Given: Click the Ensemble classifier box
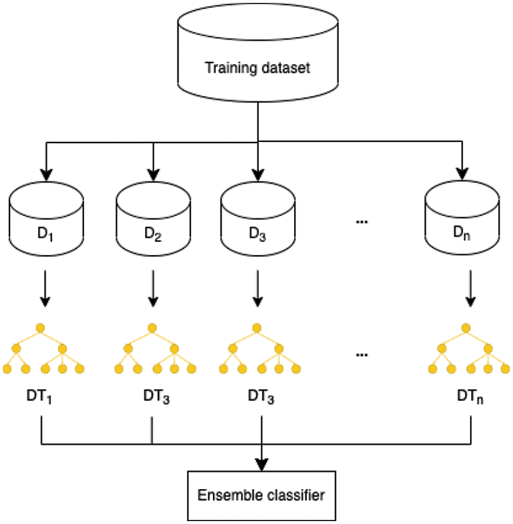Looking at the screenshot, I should pyautogui.click(x=261, y=494).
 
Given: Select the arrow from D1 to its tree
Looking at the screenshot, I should pyautogui.click(x=46, y=290).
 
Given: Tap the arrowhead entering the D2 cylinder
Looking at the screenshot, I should pyautogui.click(x=153, y=174).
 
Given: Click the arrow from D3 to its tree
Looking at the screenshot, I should pyautogui.click(x=258, y=290).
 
